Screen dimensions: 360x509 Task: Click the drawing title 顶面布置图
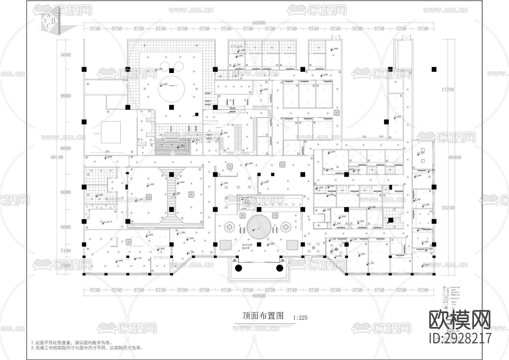[x=263, y=316]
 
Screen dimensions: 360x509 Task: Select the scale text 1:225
[x=300, y=318]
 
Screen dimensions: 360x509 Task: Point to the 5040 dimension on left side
[x=65, y=55]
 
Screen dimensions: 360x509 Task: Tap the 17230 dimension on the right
[x=447, y=89]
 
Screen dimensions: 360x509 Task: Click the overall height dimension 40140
[x=57, y=157]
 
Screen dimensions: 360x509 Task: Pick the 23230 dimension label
[x=447, y=207]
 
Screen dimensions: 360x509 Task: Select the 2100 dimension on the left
[x=65, y=250]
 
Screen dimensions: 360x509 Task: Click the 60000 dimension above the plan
[x=259, y=23]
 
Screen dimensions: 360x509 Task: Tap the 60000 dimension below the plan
[x=259, y=296]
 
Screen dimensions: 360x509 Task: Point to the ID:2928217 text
[x=460, y=338]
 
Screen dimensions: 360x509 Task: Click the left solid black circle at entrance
[x=238, y=268]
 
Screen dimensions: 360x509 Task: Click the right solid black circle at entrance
[x=279, y=268]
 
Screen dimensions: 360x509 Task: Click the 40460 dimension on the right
[x=454, y=157]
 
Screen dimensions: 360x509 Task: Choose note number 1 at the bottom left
[x=71, y=343]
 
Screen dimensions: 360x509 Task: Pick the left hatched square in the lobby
[x=226, y=245]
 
